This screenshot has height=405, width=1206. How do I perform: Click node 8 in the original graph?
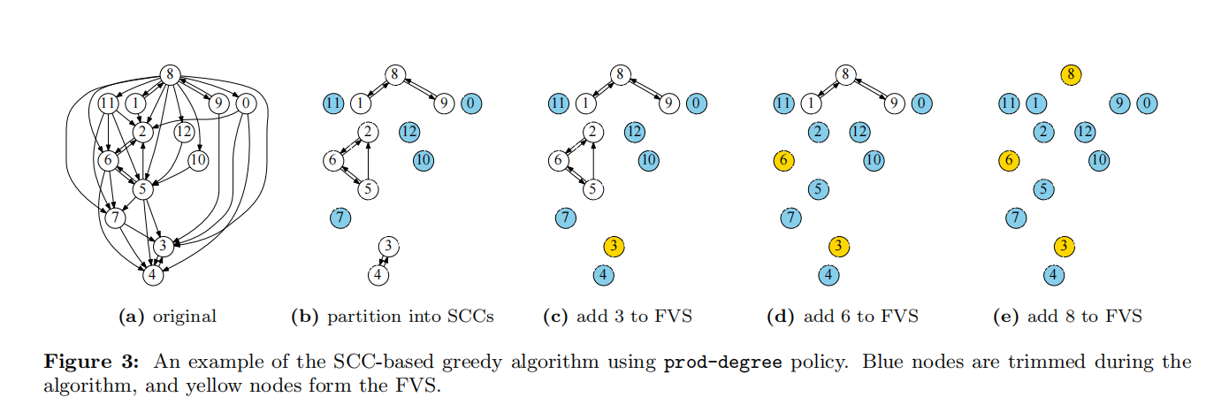click(170, 74)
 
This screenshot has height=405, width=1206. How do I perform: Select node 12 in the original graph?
click(184, 132)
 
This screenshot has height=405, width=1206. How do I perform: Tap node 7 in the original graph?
click(115, 218)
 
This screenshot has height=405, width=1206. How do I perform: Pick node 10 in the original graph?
click(198, 160)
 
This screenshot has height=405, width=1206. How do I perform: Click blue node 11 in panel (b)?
click(333, 103)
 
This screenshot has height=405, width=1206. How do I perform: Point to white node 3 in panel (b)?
click(389, 247)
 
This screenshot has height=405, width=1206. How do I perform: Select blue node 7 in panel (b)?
click(340, 218)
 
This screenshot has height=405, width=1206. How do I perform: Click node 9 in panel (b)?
click(444, 103)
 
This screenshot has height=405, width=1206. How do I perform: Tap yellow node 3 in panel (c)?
click(614, 247)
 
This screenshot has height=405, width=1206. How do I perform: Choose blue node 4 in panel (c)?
click(604, 275)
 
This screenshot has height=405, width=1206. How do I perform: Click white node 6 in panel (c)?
click(558, 160)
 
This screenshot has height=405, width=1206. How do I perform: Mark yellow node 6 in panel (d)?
click(783, 160)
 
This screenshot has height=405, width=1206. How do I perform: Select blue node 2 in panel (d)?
click(819, 132)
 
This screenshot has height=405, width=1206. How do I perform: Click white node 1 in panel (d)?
click(811, 103)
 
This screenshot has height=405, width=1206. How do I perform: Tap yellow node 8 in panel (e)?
click(1071, 74)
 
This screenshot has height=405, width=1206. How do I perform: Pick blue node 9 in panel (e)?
click(1120, 103)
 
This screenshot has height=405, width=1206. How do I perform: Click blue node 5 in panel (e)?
click(1043, 189)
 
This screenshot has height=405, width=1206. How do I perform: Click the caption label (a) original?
click(167, 317)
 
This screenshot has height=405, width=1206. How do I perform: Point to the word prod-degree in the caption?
click(722, 362)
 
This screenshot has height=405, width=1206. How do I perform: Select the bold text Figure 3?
click(92, 362)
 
